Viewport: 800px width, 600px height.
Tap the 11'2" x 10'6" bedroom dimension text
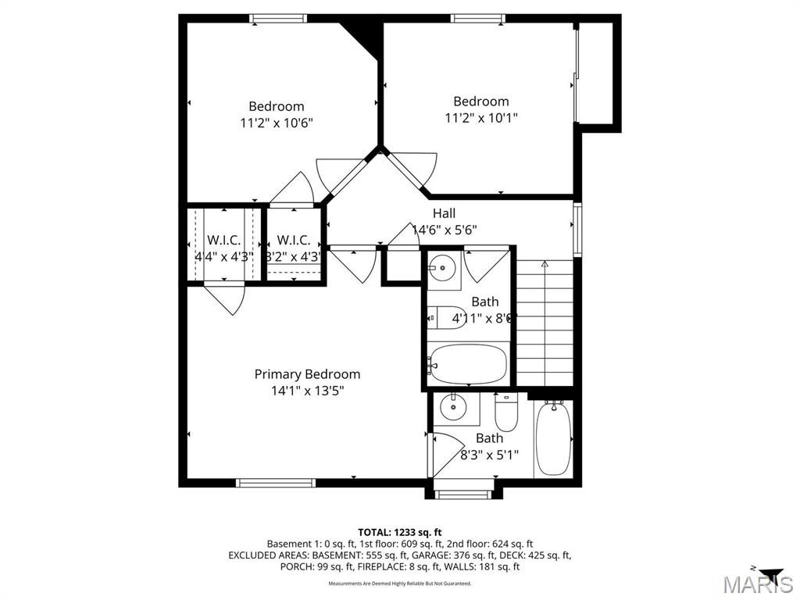coord(277,123)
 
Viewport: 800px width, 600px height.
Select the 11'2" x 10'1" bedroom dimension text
coord(481,118)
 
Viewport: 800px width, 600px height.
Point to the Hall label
coord(444,213)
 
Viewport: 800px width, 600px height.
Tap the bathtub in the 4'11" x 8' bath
coord(468,363)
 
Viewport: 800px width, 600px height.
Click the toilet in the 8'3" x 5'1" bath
coord(507,413)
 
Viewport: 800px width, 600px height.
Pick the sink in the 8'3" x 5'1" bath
coord(452,407)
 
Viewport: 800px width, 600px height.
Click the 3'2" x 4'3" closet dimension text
coord(293,256)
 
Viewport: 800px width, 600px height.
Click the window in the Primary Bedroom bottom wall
coord(277,483)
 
